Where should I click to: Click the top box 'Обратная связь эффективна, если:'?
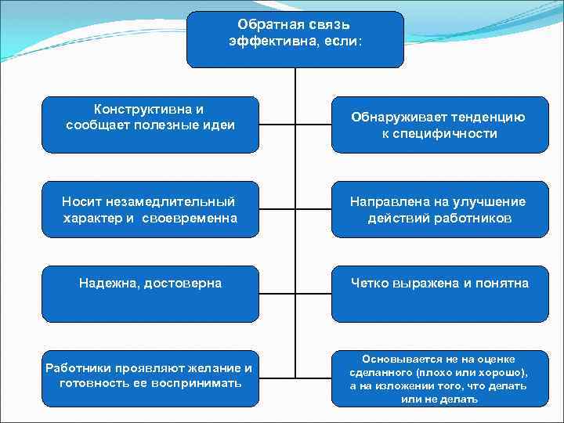(x=295, y=39)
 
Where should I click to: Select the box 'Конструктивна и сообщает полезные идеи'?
(x=150, y=124)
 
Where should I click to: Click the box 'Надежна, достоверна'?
(x=150, y=295)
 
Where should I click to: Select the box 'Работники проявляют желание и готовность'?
(x=150, y=378)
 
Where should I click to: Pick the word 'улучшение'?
(x=487, y=202)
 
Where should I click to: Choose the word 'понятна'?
(x=504, y=283)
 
